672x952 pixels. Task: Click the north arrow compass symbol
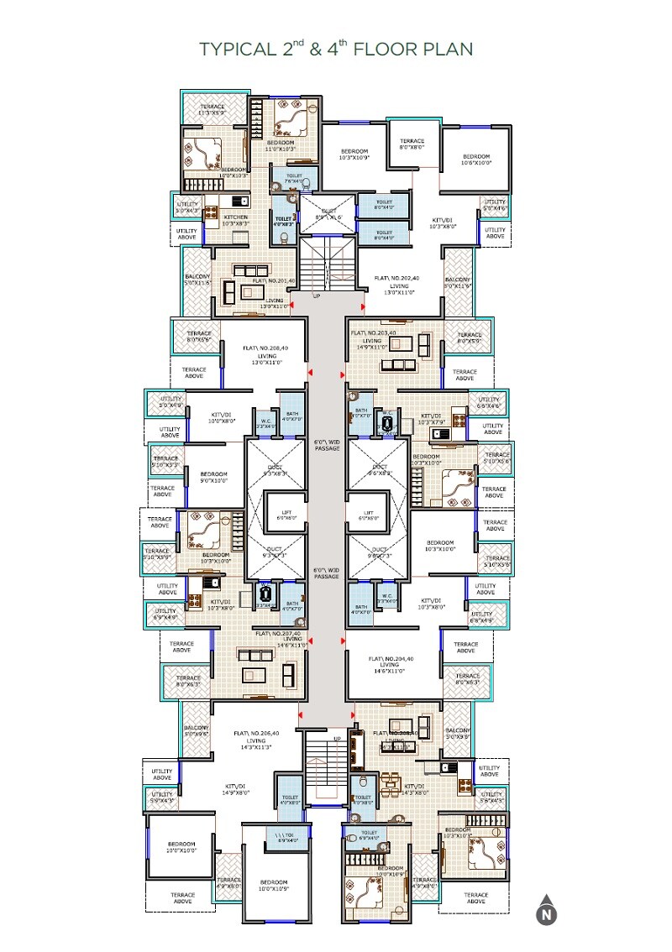pyautogui.click(x=547, y=909)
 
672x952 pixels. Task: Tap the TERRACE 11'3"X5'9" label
pyautogui.click(x=212, y=109)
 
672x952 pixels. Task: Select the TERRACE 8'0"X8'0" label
pyautogui.click(x=412, y=145)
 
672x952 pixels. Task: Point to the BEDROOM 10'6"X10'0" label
pyautogui.click(x=476, y=160)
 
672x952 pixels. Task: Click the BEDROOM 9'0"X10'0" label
pyautogui.click(x=215, y=478)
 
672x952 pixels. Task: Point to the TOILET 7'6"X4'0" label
pyautogui.click(x=294, y=179)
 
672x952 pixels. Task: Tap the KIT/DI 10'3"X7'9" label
pyautogui.click(x=431, y=419)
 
